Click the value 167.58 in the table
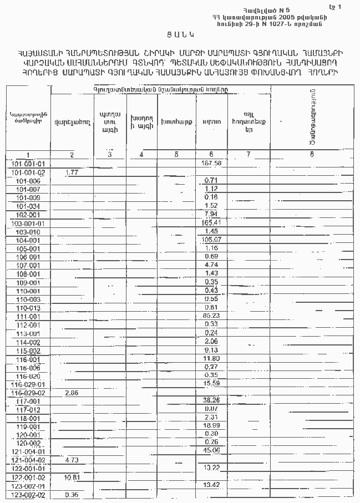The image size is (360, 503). [212, 164]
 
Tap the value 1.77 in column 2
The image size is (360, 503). [71, 172]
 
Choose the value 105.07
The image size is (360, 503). [212, 240]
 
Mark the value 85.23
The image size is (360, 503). [211, 315]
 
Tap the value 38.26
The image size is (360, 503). [211, 400]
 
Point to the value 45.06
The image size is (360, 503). [211, 450]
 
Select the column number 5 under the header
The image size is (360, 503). [176, 155]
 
